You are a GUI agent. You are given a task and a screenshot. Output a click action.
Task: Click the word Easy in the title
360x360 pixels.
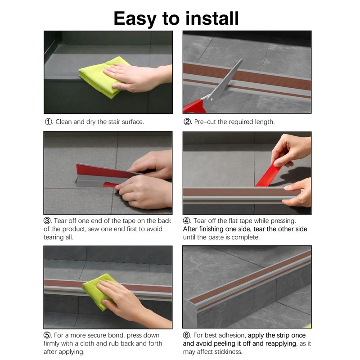pyautogui.click(x=135, y=19)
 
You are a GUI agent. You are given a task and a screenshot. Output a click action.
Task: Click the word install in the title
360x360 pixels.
pyautogui.click(x=212, y=18)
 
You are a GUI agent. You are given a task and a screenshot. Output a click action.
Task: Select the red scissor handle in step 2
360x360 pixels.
pyautogui.click(x=194, y=107)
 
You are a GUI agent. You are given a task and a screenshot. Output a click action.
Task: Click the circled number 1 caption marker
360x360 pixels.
pyautogui.click(x=49, y=121)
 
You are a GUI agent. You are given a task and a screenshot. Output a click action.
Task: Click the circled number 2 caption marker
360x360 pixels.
pyautogui.click(x=187, y=121)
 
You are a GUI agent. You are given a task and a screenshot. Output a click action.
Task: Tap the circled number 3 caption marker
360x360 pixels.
pyautogui.click(x=47, y=221)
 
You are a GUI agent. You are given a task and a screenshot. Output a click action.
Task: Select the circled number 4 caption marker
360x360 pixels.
pyautogui.click(x=187, y=221)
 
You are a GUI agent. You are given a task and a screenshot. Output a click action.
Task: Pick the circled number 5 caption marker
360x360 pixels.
pyautogui.click(x=47, y=335)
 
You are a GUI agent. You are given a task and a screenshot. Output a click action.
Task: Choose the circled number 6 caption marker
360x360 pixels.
pyautogui.click(x=187, y=335)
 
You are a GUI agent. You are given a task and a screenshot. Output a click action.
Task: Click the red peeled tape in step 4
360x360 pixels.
pyautogui.click(x=269, y=175)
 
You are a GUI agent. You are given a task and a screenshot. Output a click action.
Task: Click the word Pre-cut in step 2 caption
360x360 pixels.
pyautogui.click(x=205, y=122)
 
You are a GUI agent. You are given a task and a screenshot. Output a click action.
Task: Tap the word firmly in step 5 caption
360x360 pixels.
pyautogui.click(x=51, y=344)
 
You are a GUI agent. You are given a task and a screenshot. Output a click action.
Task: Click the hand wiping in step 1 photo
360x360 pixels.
pyautogui.click(x=138, y=77)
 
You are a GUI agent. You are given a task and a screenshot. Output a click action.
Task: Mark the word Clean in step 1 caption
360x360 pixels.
pyautogui.click(x=64, y=122)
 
